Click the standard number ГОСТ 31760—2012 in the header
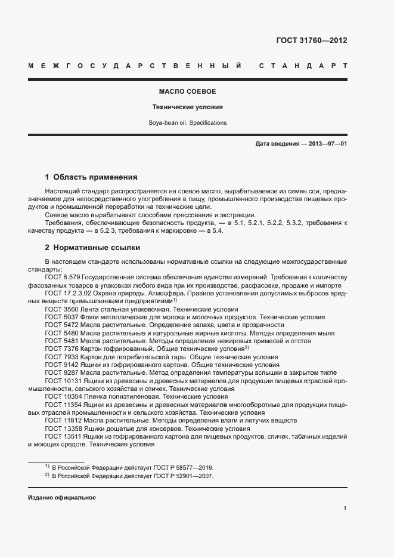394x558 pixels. point(312,41)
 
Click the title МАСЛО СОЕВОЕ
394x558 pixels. point(187,92)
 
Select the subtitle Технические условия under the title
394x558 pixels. point(187,107)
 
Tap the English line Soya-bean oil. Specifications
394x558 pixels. point(187,123)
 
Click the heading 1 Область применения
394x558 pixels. point(91,177)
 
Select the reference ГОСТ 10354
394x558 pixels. point(63,396)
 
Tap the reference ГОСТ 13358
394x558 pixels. point(63,428)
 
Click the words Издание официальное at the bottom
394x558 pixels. point(62,498)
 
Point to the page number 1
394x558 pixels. point(345,508)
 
